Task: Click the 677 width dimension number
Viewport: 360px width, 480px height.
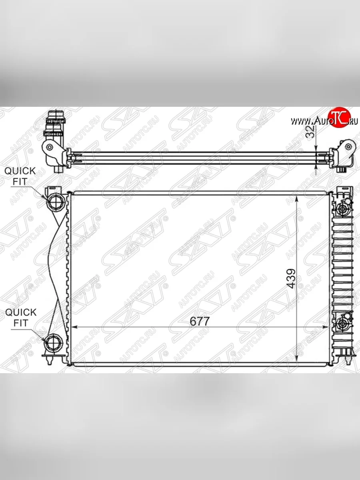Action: pos(200,321)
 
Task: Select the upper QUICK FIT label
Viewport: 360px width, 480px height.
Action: pos(20,176)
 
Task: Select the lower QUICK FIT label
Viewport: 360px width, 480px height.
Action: pos(20,318)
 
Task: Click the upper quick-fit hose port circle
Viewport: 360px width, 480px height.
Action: pos(55,200)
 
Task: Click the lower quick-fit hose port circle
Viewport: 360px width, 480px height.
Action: pos(53,343)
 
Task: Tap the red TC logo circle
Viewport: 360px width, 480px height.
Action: pos(337,117)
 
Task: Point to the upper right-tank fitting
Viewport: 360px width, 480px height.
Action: pos(342,209)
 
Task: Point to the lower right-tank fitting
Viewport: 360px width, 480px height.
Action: pos(342,323)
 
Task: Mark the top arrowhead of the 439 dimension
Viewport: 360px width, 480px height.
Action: pos(296,199)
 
